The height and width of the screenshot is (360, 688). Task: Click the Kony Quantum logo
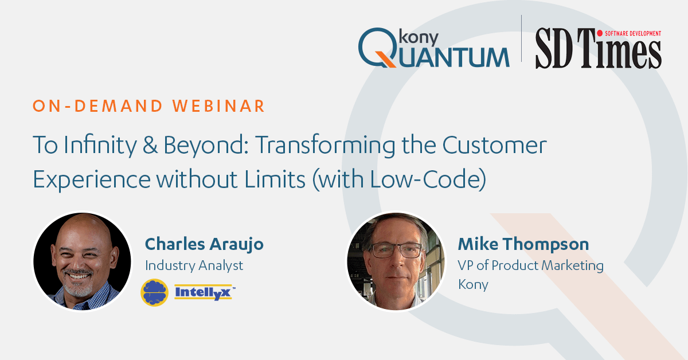click(433, 48)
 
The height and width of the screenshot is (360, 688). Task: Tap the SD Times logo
click(599, 48)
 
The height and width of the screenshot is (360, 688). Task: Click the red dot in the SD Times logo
click(600, 33)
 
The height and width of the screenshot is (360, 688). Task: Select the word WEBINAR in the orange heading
click(218, 106)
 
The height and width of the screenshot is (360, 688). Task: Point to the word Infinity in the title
click(100, 144)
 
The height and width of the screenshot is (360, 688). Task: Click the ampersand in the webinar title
click(150, 145)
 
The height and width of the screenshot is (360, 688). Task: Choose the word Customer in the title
click(494, 145)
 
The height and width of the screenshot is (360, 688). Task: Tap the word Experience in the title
click(92, 179)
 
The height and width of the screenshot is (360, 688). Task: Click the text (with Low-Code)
click(399, 179)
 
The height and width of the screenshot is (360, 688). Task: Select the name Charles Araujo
click(204, 245)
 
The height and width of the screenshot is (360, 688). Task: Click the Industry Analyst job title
click(194, 265)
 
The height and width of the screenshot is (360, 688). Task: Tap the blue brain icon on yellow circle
click(154, 292)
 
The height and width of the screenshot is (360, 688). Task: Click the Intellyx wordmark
click(205, 292)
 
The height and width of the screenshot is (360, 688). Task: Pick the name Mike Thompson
click(523, 245)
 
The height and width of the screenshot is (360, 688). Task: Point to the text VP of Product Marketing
click(530, 265)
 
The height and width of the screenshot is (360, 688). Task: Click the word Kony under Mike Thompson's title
click(473, 285)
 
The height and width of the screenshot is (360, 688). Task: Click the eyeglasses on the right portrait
click(397, 250)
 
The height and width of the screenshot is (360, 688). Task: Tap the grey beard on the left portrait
click(78, 286)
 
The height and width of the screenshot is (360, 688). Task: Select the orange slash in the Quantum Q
click(385, 59)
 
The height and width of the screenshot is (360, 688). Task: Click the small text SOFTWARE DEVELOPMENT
click(633, 33)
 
